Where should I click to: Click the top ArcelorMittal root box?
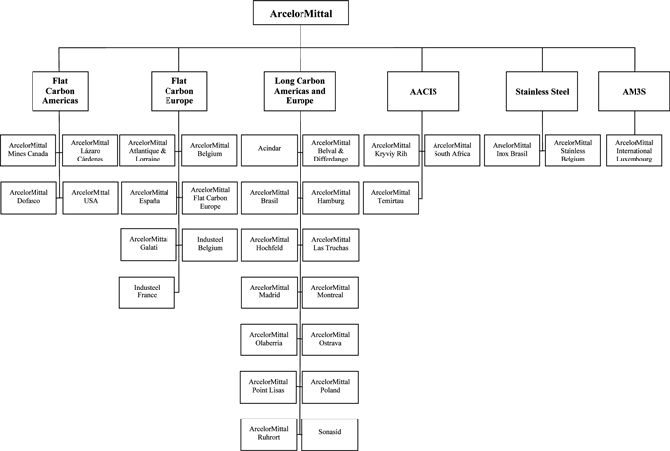point(301,13)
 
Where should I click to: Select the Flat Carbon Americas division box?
point(60,91)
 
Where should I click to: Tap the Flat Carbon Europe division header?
point(179,91)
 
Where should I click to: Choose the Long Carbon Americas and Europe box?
point(300,91)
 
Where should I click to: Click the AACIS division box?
point(423,91)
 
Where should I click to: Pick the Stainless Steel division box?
point(542,91)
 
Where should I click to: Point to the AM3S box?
point(634,91)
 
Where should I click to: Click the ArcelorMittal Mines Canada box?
point(29,151)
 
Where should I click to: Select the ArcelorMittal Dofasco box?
point(29,198)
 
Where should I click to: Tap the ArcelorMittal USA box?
point(91,198)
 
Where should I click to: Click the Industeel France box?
point(147,292)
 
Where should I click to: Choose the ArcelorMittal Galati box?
point(149,245)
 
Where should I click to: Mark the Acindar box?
point(269,151)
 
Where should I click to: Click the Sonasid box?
point(330,435)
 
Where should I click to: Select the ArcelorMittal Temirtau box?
point(390,198)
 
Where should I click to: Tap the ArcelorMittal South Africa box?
point(452,151)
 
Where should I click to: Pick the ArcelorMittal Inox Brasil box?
point(512,151)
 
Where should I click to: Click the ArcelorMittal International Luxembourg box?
point(635,151)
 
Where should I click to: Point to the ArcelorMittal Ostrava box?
point(330,340)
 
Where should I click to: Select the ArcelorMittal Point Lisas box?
point(268,387)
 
